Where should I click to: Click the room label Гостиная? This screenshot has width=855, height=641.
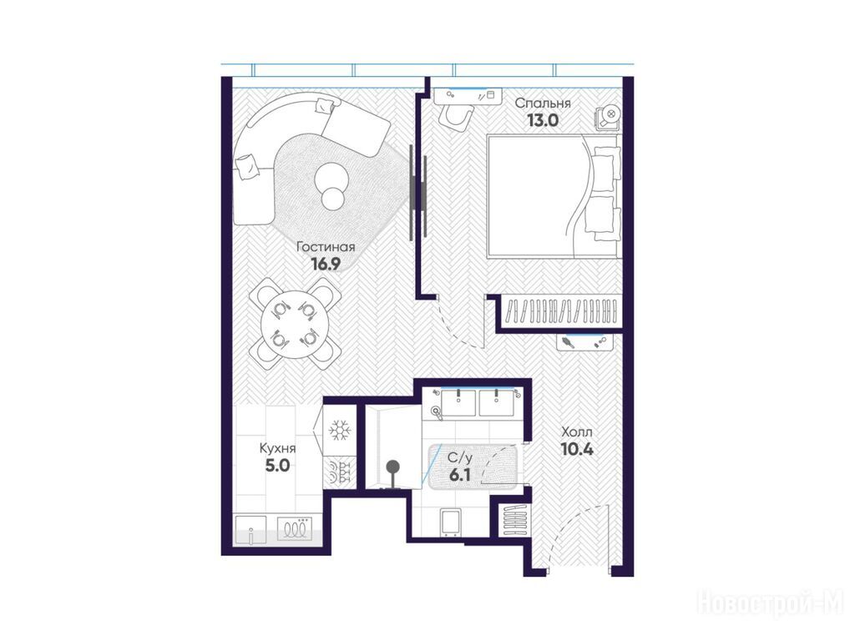tap(326, 247)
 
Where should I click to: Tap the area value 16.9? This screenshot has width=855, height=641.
tap(326, 265)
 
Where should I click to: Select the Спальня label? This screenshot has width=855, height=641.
tap(543, 103)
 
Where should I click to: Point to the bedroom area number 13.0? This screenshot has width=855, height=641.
tap(543, 120)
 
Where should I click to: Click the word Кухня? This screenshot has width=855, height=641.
tap(277, 448)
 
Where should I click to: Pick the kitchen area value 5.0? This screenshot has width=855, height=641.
tap(277, 466)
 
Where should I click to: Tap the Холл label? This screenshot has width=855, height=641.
tap(576, 432)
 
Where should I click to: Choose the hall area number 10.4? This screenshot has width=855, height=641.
tap(576, 450)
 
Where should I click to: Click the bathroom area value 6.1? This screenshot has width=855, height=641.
tap(460, 475)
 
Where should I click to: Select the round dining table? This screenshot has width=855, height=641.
tap(295, 326)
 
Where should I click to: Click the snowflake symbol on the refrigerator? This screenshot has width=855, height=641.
tap(340, 431)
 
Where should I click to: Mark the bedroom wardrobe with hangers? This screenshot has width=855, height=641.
tap(562, 312)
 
